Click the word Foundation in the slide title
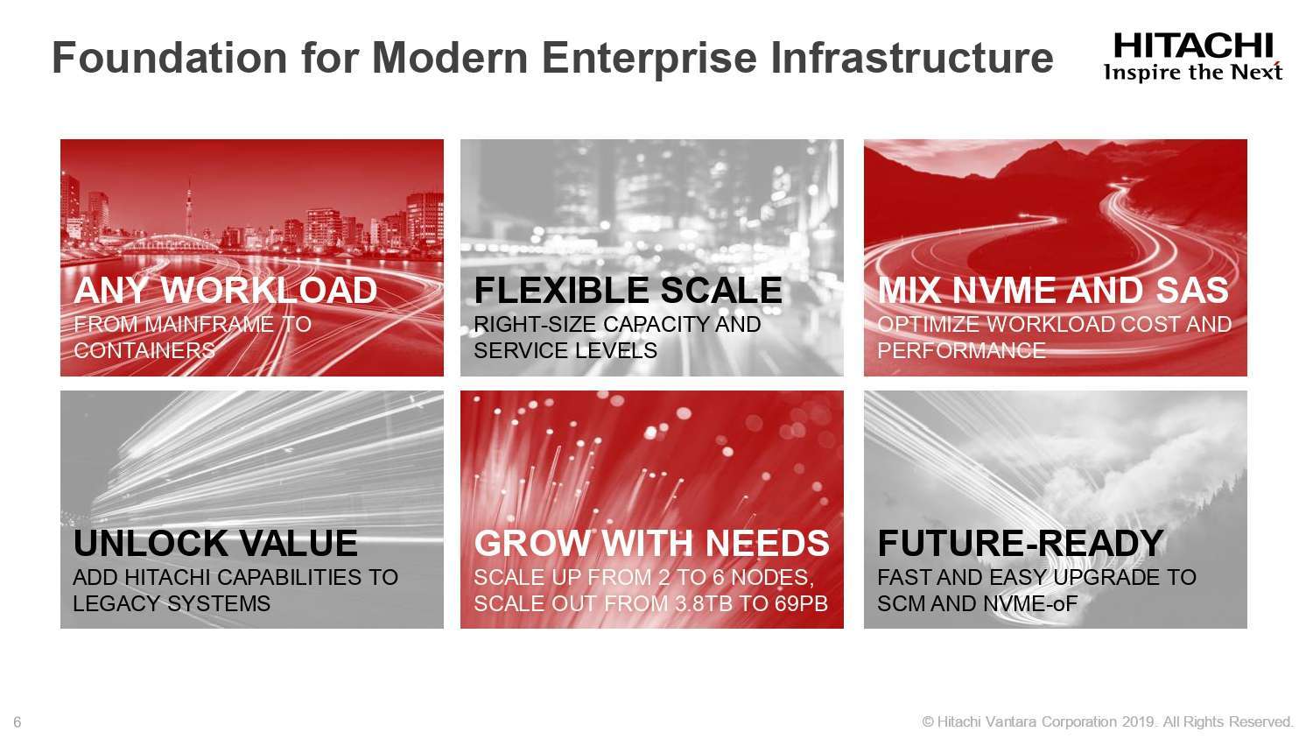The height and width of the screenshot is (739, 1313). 170,58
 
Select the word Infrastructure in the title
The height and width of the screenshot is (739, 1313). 912,58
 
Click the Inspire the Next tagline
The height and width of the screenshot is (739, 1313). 1193,72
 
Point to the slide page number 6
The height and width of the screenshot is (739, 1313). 18,722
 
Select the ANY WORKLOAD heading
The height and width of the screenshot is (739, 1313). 225,290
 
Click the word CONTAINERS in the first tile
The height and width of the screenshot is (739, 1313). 144,351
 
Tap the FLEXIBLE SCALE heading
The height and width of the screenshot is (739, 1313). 628,290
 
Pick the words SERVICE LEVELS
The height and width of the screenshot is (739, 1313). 565,351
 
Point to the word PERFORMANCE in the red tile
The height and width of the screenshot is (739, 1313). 961,351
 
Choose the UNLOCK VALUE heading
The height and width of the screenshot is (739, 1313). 215,543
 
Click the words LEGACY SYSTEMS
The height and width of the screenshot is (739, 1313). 172,603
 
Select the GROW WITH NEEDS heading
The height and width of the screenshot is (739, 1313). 652,543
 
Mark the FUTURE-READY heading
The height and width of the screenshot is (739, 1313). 1021,543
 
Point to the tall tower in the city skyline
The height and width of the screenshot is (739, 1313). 189,208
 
